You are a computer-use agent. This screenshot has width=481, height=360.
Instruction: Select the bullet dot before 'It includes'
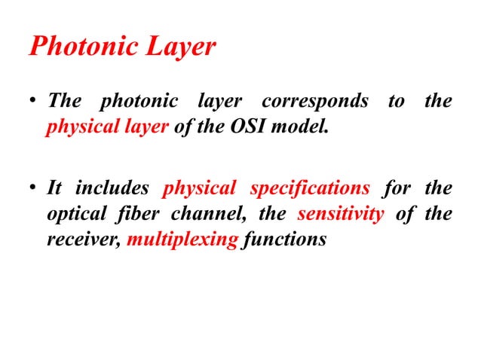(x=33, y=189)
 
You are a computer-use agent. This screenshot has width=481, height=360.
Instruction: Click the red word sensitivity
(x=342, y=214)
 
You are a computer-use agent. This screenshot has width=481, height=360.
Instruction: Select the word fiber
(x=136, y=214)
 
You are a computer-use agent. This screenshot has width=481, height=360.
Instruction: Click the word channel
(x=201, y=214)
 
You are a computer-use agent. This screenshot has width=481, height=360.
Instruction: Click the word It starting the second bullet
(x=54, y=188)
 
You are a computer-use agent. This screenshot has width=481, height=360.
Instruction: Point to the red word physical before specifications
(x=199, y=188)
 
